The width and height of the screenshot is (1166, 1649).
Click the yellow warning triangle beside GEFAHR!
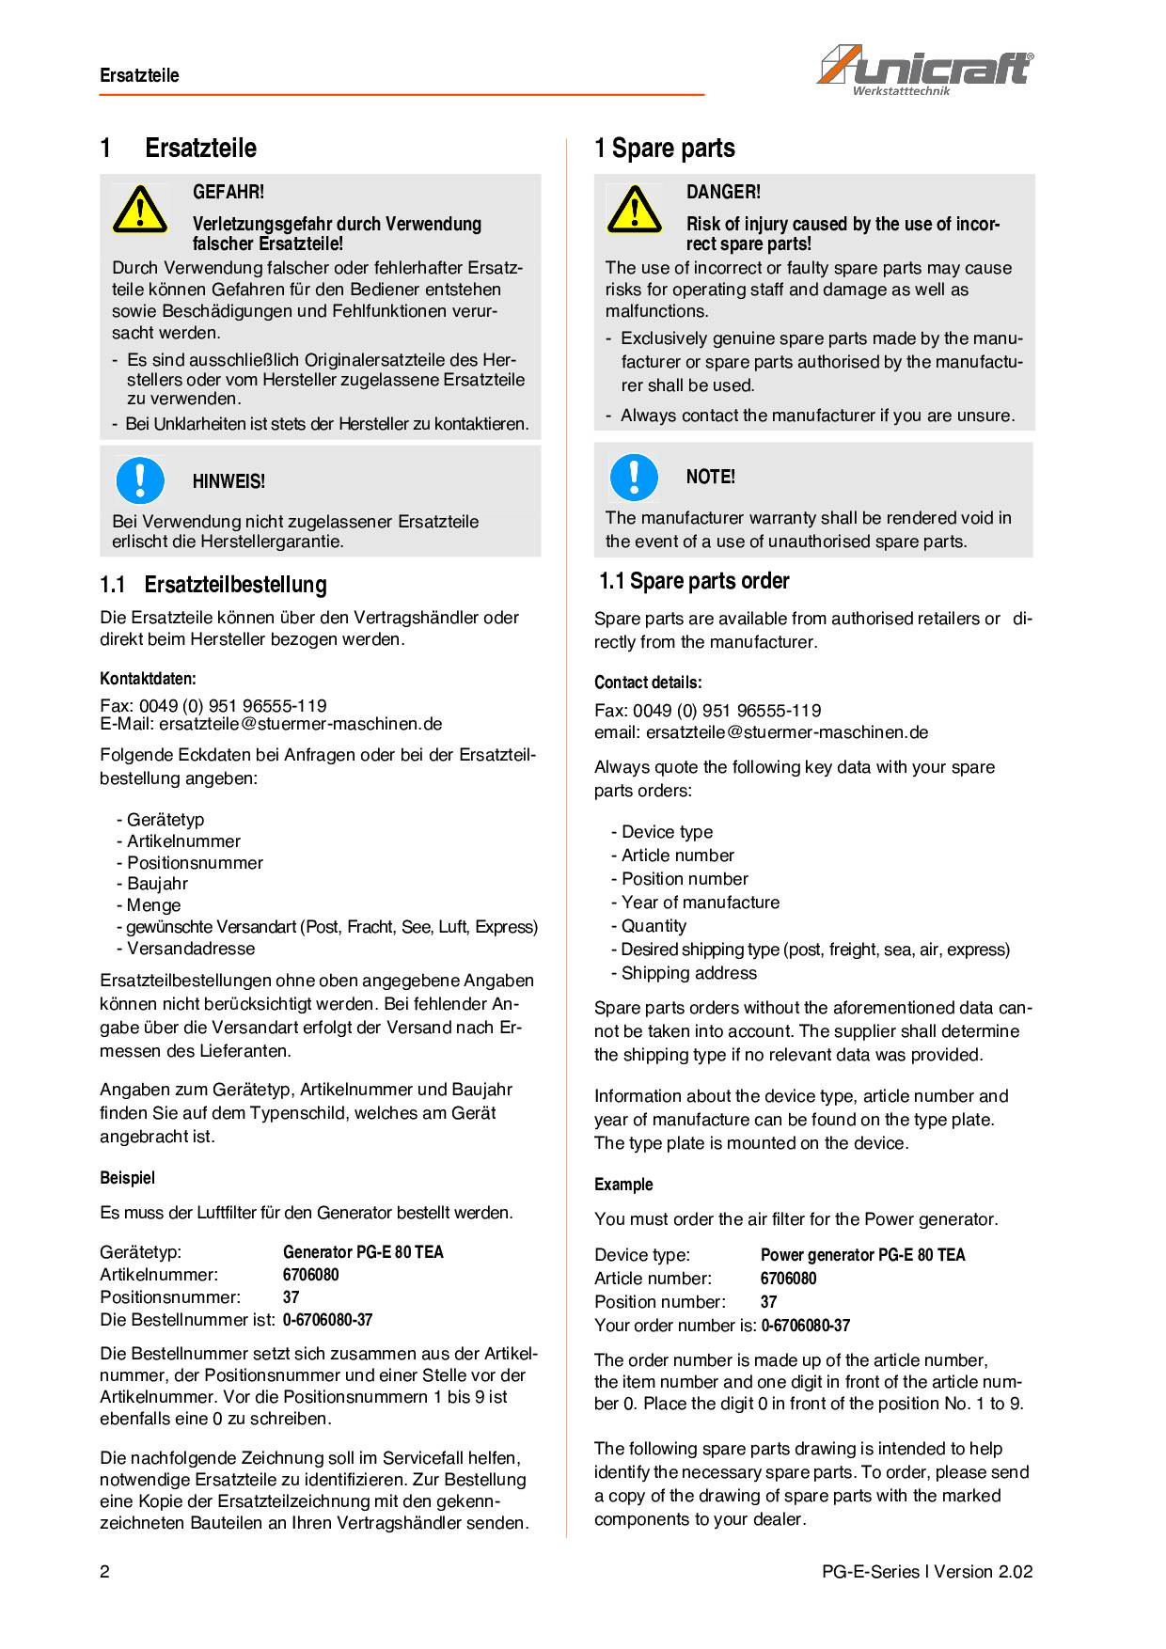coord(139,209)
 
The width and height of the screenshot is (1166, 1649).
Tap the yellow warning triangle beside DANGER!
coord(634,209)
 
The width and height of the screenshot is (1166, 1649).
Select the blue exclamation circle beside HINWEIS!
coord(140,479)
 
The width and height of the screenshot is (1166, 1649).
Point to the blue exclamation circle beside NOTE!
coord(634,477)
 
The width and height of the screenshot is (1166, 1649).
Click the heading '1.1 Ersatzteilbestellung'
coord(213,585)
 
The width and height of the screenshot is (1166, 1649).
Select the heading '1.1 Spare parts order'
coord(694,581)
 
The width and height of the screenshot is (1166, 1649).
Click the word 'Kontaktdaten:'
coord(148,679)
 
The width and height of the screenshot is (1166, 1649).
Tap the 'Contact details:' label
coord(648,683)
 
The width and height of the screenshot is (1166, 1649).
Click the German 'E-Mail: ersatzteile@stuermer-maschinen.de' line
coord(271,724)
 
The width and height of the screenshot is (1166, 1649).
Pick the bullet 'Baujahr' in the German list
coord(157,884)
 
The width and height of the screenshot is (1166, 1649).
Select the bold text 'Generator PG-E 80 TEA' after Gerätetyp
coord(363,1252)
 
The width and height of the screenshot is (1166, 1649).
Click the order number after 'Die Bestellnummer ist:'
coord(327,1320)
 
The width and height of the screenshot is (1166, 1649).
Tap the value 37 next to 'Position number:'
coord(768,1302)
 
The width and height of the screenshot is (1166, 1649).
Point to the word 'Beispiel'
coord(127,1178)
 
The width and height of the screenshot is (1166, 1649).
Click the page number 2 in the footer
coord(105,1572)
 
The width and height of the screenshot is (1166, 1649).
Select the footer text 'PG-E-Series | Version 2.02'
coord(926,1572)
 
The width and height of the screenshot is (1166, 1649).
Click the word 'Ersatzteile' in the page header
coord(139,75)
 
